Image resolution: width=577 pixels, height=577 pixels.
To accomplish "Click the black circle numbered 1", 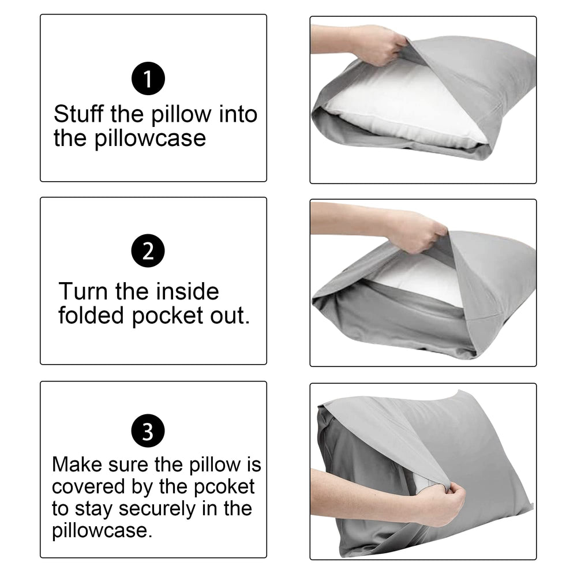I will coord(148,79).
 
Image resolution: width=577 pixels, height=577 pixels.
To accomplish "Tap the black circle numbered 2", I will coord(148,252).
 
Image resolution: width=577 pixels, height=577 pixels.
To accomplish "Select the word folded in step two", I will coord(91,316).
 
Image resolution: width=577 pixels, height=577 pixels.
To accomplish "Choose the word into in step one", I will coord(238,114).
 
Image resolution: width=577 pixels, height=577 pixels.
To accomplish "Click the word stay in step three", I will coord(95,508).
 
